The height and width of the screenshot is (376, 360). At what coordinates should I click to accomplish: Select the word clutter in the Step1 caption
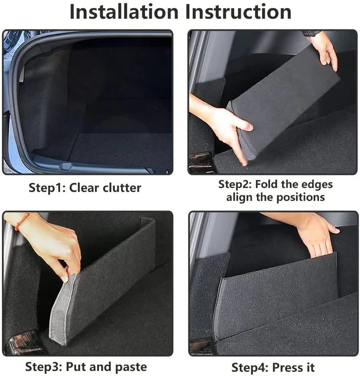pos(120,189)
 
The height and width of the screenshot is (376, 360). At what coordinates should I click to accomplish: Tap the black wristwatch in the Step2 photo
pos(312,33)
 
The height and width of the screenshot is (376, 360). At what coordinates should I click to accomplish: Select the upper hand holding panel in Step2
pos(325,51)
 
